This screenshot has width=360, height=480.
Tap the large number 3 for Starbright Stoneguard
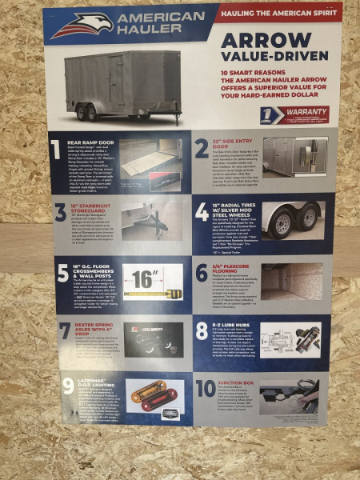(62, 211)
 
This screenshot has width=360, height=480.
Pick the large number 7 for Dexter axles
(66, 330)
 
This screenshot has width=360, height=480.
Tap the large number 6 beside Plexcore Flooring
(202, 273)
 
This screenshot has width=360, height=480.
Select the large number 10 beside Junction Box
(206, 390)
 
